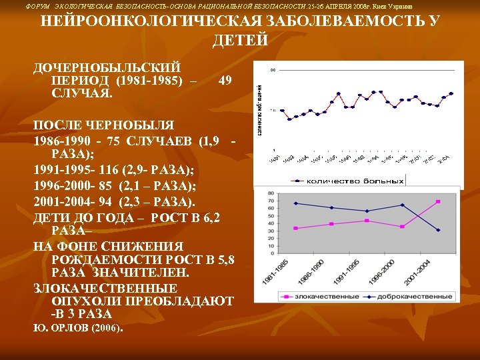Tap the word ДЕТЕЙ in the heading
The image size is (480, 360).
(x=240, y=41)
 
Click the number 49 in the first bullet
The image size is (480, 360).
(x=225, y=81)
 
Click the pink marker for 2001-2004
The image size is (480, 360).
(x=438, y=201)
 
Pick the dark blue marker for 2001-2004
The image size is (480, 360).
(x=438, y=230)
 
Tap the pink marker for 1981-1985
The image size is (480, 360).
(x=295, y=228)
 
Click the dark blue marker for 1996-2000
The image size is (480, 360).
(x=402, y=205)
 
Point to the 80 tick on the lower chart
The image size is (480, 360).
(x=271, y=194)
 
